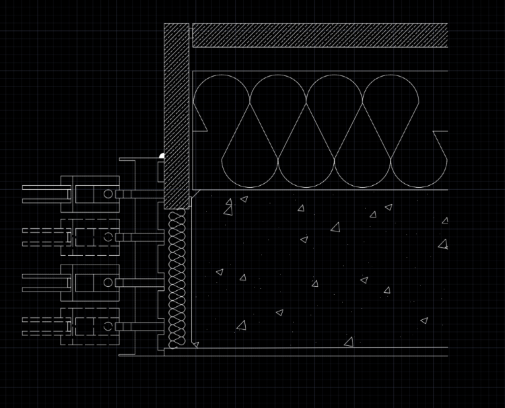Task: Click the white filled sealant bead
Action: pyautogui.click(x=162, y=156)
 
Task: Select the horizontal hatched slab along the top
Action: pyautogui.click(x=320, y=35)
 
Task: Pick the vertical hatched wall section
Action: pyautogui.click(x=176, y=114)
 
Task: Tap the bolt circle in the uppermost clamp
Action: pyautogui.click(x=108, y=194)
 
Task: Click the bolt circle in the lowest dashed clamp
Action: pyautogui.click(x=108, y=327)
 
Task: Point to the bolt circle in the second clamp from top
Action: pyautogui.click(x=108, y=237)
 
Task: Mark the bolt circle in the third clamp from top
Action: pyautogui.click(x=108, y=283)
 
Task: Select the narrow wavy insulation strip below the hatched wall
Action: pyautogui.click(x=176, y=277)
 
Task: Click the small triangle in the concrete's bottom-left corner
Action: pyautogui.click(x=195, y=345)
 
